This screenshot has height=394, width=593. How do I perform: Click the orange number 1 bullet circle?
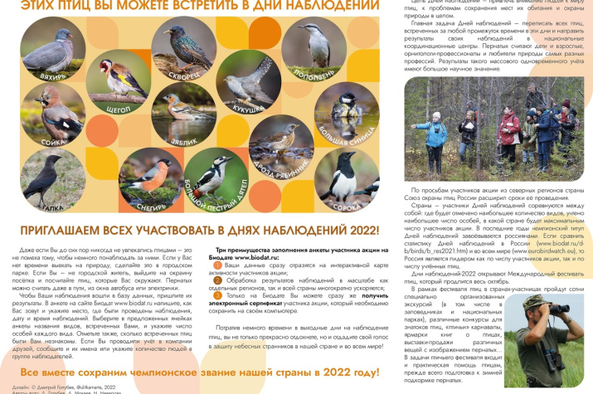219,263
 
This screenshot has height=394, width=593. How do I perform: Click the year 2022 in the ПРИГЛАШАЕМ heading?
352,229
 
